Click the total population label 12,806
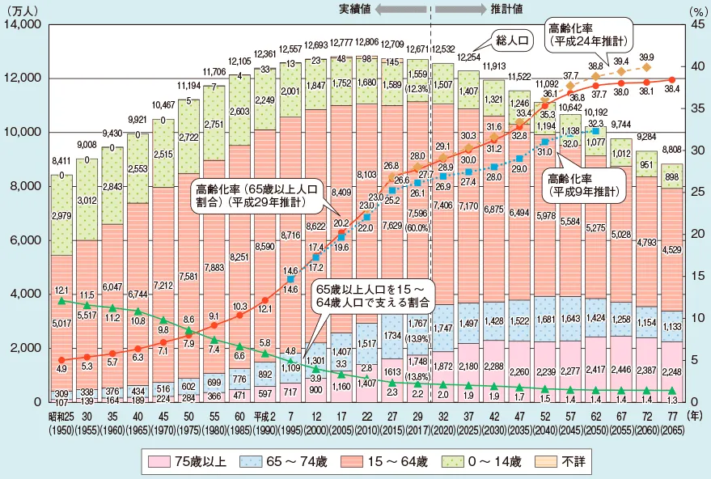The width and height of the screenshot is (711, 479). coord(367,41)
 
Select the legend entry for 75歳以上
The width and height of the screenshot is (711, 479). coord(191,462)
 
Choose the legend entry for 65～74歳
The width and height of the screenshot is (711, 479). coord(296,462)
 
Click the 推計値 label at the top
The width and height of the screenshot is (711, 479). coord(506,8)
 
